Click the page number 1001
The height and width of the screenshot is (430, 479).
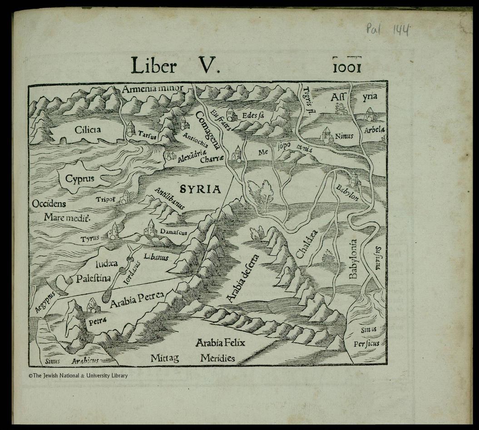tap(346, 67)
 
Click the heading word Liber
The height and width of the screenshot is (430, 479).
tap(153, 66)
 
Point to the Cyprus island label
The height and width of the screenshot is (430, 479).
tap(79, 179)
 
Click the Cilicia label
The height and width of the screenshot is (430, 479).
tap(88, 130)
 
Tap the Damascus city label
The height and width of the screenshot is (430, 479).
tap(173, 233)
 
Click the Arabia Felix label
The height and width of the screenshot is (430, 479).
tap(220, 343)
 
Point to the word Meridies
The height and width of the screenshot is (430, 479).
tap(218, 359)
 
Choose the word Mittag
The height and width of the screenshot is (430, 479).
tap(165, 359)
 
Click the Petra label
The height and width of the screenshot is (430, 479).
tap(97, 321)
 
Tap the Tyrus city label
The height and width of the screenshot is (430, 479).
tap(90, 239)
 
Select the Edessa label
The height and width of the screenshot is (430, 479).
tap(253, 116)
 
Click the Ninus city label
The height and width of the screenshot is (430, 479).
tap(344, 136)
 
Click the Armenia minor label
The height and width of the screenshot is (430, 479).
tap(152, 88)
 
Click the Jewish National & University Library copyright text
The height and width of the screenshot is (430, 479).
tap(78, 376)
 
